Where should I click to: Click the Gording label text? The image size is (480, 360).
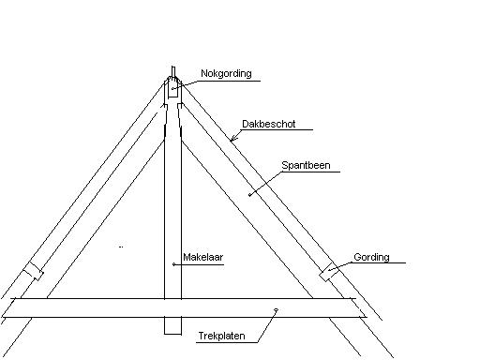click(x=371, y=257)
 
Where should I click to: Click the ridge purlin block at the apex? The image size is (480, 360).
click(x=173, y=90)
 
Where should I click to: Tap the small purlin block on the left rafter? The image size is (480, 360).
click(x=34, y=271)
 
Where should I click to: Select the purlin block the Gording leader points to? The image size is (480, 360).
click(x=329, y=272)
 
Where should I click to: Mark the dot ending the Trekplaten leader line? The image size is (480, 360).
click(x=276, y=310)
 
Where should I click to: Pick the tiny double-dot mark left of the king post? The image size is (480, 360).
click(x=122, y=247)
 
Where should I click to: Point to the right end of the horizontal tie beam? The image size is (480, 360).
click(x=361, y=310)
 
